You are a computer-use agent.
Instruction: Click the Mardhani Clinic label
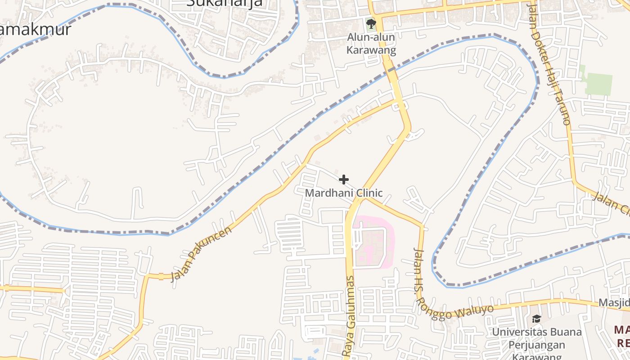click(344, 193)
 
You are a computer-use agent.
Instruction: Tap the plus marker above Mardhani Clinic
click(344, 180)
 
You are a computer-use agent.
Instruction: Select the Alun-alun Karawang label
click(371, 44)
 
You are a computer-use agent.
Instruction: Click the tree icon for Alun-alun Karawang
click(371, 24)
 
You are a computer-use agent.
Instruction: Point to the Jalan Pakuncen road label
click(201, 254)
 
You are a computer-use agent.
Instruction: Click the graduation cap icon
click(536, 319)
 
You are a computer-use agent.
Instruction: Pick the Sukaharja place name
click(225, 4)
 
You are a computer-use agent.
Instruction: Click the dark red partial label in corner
click(621, 337)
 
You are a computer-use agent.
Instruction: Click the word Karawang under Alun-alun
click(371, 49)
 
